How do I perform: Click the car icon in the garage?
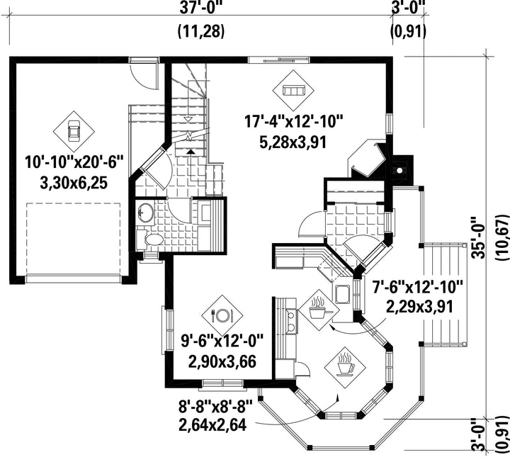[74, 131]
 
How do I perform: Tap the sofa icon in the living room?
[293, 91]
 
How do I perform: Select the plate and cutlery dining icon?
[222, 315]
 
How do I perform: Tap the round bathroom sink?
[146, 213]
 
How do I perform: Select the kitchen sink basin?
[342, 294]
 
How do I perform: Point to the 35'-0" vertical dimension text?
[478, 237]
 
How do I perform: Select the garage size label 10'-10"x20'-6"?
[74, 162]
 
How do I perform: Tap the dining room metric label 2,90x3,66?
[222, 361]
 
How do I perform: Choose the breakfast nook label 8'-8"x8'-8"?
[215, 406]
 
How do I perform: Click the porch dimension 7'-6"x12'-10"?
[418, 286]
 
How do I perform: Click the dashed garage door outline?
[73, 239]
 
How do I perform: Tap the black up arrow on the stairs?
[191, 151]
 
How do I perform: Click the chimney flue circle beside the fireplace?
[399, 170]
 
